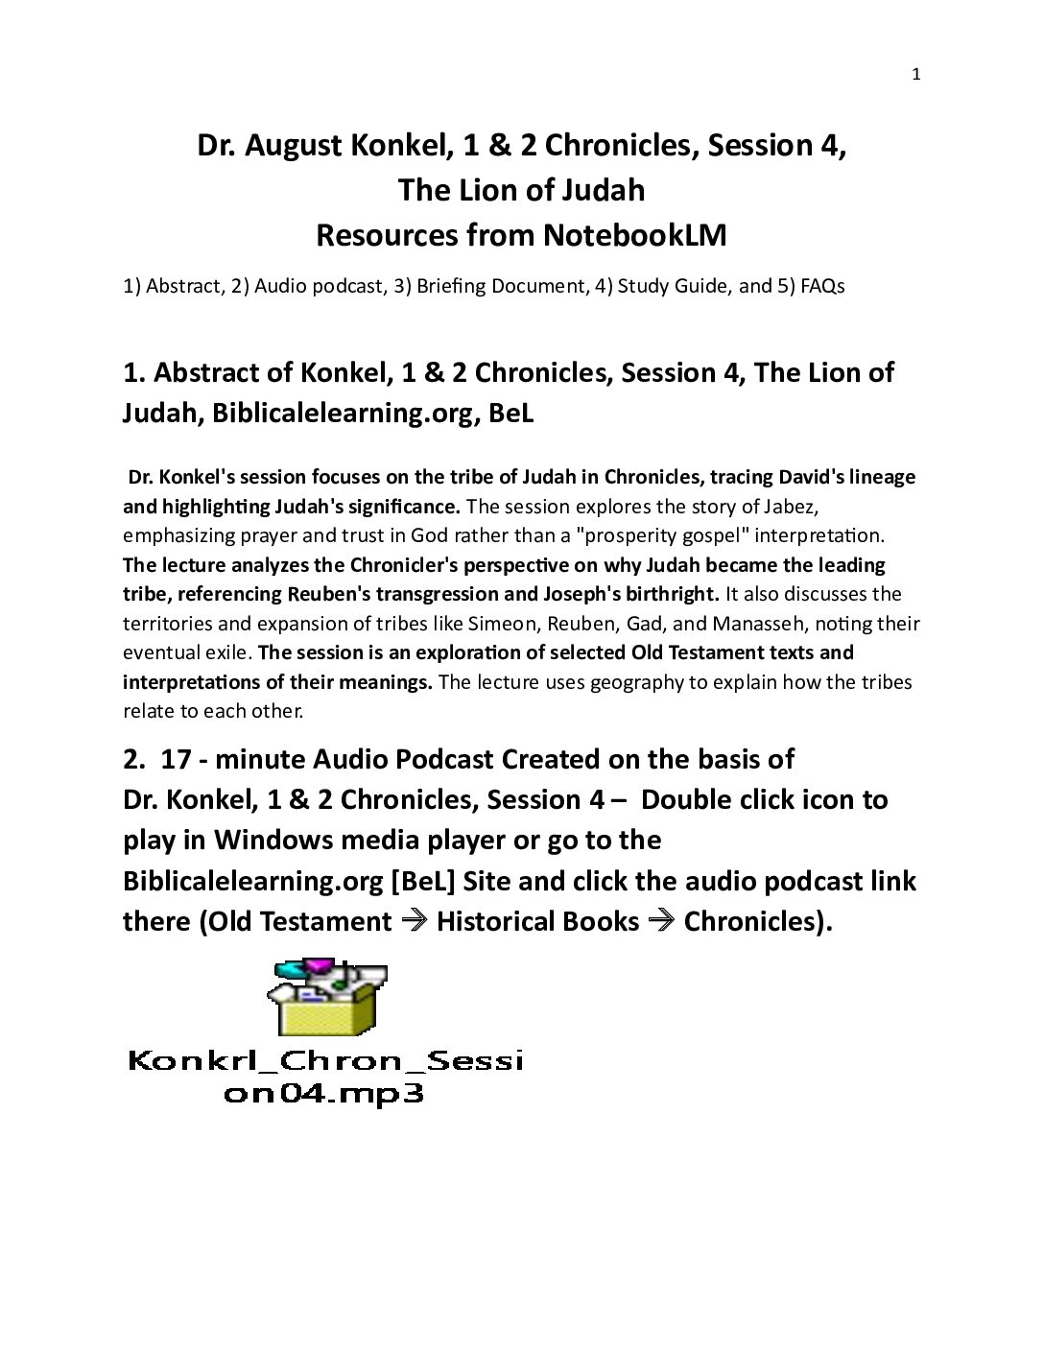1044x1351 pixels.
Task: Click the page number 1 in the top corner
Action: [915, 75]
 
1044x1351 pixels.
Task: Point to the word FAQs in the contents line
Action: [822, 286]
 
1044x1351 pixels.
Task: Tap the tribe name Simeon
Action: [503, 624]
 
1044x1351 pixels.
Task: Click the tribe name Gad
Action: [643, 624]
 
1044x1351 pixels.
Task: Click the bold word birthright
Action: [669, 594]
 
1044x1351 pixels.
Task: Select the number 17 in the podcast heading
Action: [176, 759]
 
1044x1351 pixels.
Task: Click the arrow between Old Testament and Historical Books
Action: [414, 921]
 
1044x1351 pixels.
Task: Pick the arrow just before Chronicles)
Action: [661, 921]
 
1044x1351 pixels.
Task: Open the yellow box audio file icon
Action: [326, 998]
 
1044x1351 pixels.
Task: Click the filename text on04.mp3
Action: [323, 1094]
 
